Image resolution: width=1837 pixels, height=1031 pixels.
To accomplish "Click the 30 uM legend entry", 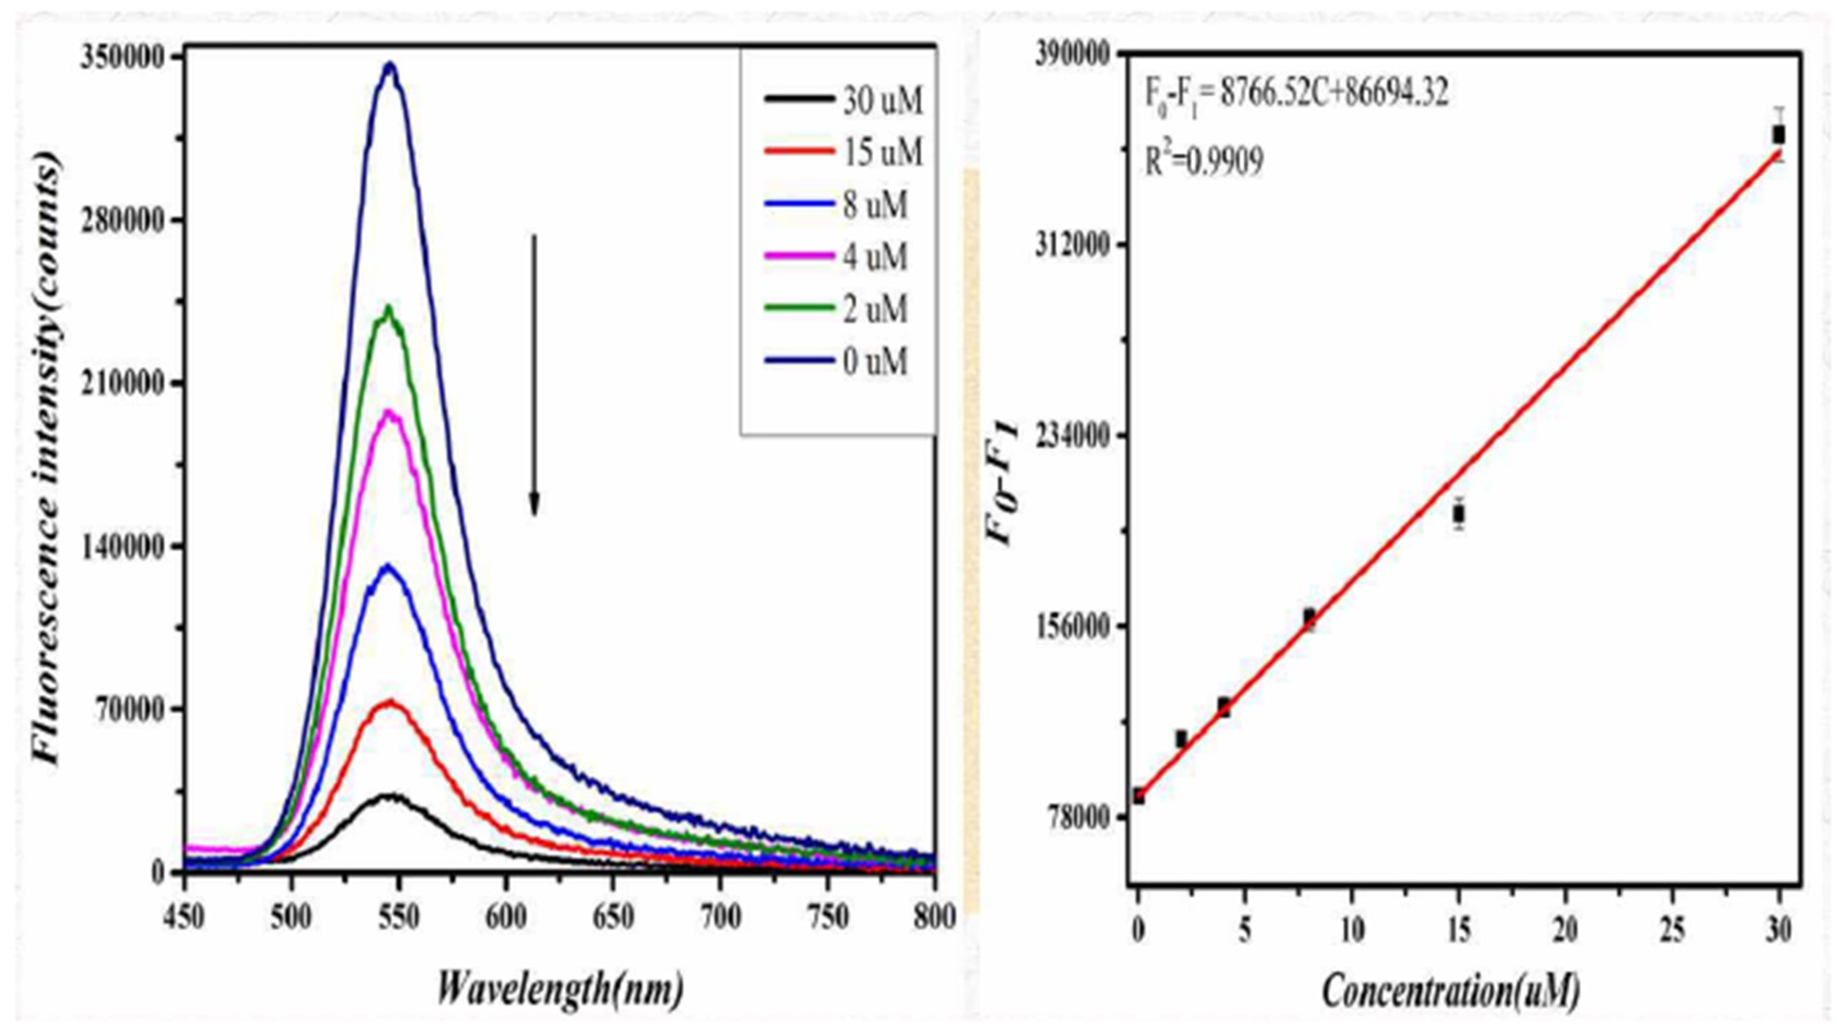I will [844, 101].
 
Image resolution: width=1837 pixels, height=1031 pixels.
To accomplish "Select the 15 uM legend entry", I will [844, 152].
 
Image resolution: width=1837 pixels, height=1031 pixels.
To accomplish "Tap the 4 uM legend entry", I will [837, 257].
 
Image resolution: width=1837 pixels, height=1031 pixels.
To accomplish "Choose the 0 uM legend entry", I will [837, 362].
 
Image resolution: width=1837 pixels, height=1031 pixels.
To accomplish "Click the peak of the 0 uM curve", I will [390, 65].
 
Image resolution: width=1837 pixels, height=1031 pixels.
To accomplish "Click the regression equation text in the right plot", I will [1296, 93].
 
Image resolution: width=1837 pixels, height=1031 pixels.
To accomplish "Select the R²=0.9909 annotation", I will [1205, 161].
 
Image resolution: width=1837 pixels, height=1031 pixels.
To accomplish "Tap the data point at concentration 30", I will [1779, 134].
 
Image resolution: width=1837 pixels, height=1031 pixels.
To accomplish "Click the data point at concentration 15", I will [1459, 513].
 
